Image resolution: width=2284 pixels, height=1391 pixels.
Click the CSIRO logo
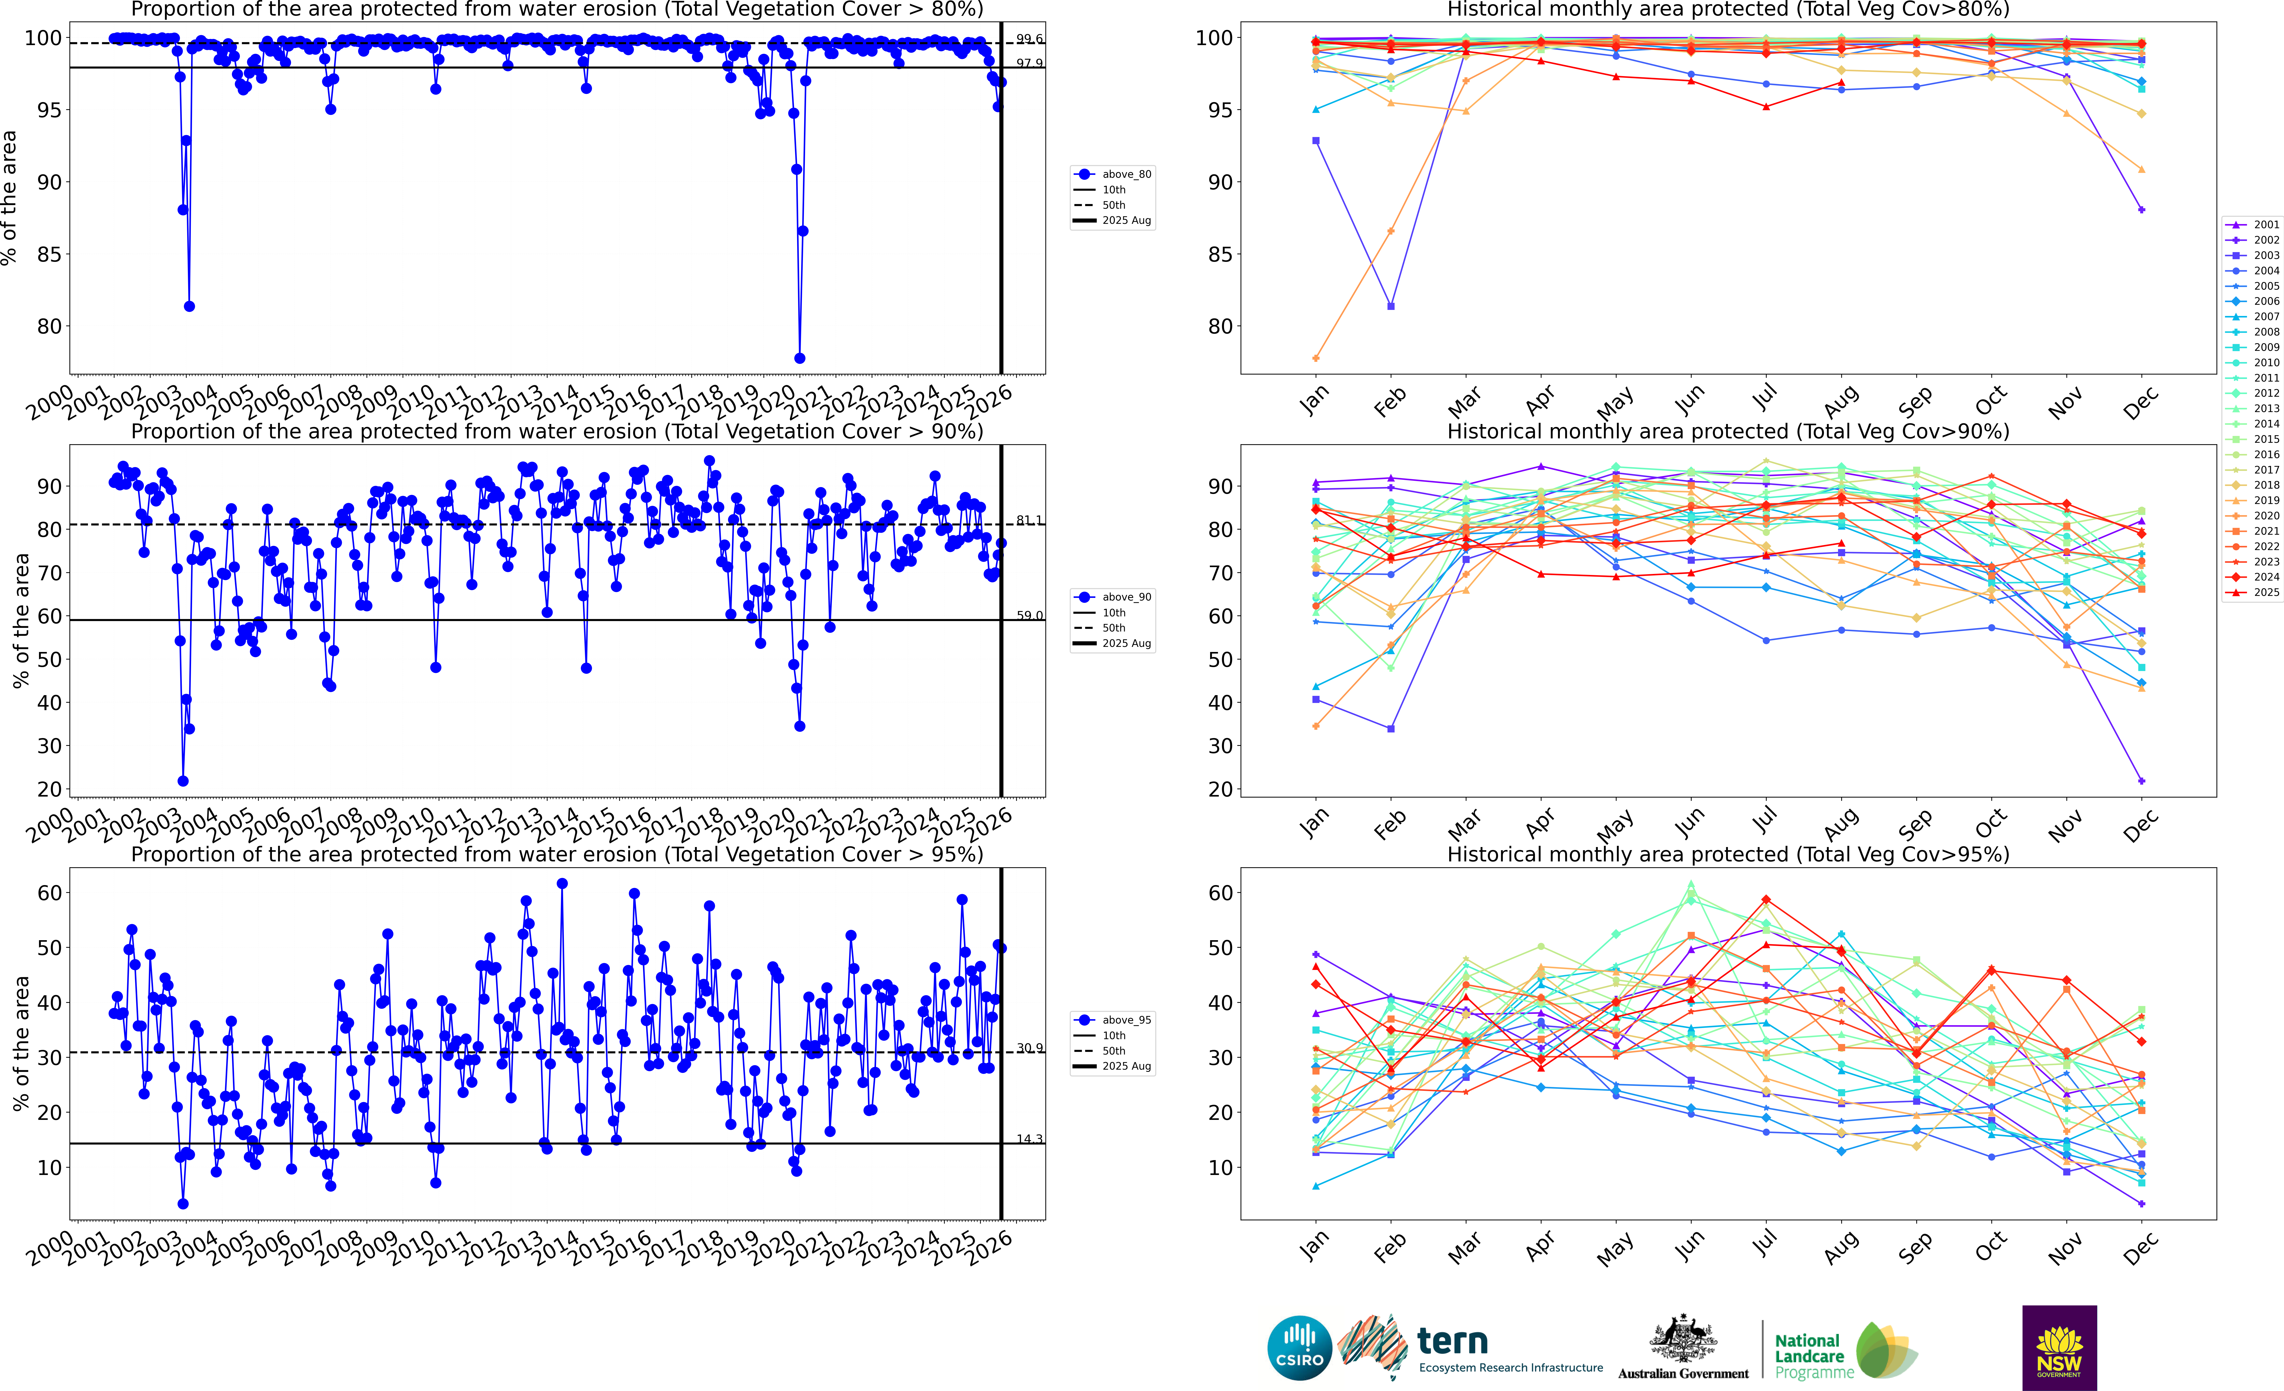pyautogui.click(x=1300, y=1347)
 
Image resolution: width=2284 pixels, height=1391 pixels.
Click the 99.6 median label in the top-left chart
pyautogui.click(x=1029, y=39)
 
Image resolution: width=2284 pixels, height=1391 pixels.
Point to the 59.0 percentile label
pyautogui.click(x=1029, y=616)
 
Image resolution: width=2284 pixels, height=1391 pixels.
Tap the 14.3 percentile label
pyautogui.click(x=1029, y=1139)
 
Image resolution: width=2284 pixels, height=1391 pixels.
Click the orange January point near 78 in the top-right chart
pyautogui.click(x=1316, y=358)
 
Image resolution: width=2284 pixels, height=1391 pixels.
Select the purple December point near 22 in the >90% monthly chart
pyautogui.click(x=2141, y=781)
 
